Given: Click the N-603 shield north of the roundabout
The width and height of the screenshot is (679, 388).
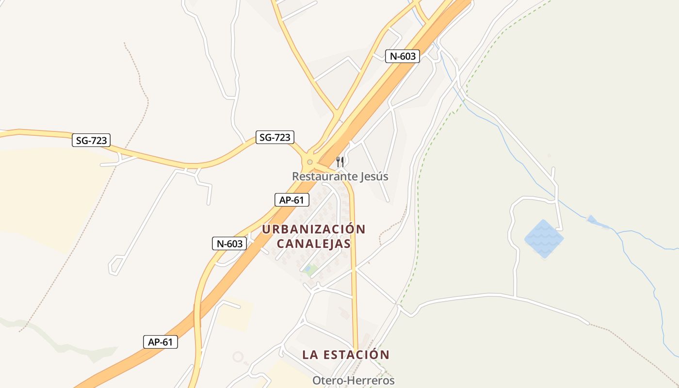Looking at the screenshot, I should (403, 56).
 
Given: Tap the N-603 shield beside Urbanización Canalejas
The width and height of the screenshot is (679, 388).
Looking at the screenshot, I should (229, 243).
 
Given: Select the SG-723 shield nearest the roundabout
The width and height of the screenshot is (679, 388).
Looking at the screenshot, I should (275, 137).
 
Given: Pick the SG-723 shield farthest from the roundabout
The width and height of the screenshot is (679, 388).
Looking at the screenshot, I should (91, 141).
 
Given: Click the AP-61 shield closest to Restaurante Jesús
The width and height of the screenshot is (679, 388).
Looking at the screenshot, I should (291, 200).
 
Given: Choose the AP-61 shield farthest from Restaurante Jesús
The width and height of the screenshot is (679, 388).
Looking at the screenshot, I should (161, 342).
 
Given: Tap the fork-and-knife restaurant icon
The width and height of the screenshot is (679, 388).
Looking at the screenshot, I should (340, 162).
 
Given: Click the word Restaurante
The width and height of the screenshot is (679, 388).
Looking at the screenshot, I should (323, 177).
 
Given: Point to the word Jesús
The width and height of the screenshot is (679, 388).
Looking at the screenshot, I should (373, 177).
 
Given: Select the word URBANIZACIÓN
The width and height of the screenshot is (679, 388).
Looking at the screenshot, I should (314, 229).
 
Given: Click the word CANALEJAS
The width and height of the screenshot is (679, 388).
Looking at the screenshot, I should (314, 243).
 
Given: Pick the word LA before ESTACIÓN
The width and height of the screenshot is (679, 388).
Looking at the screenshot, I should (310, 355).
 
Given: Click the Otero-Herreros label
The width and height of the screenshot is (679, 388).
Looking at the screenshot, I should (353, 381).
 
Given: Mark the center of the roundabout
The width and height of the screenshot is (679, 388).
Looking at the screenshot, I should (310, 162).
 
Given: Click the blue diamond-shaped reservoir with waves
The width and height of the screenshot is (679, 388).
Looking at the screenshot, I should (544, 238).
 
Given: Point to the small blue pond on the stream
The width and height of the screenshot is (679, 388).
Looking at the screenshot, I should (592, 220).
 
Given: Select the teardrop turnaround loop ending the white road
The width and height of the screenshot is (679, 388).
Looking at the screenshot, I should (115, 266).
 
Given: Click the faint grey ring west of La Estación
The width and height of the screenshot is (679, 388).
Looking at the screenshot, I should (238, 357).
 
